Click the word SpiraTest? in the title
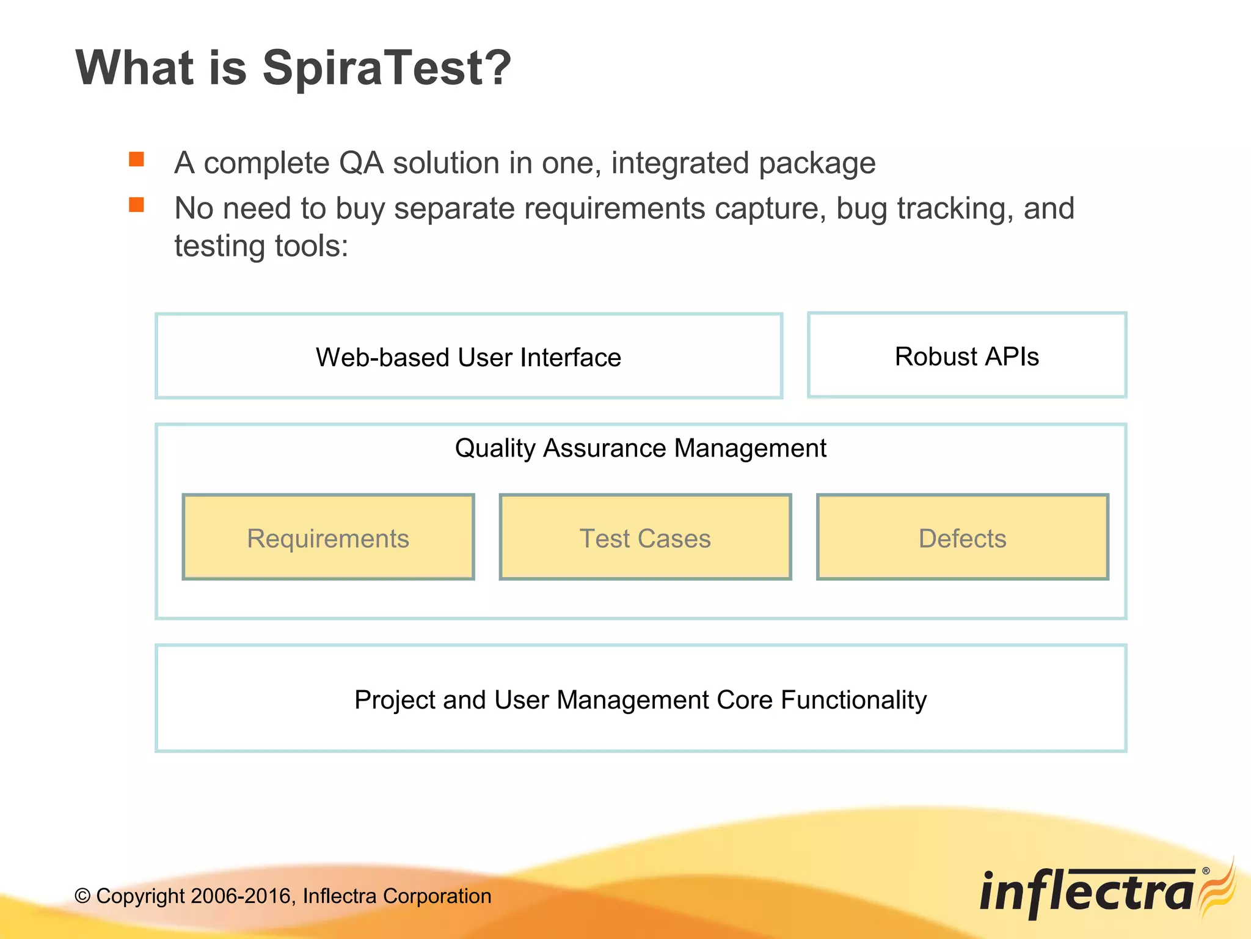coord(386,68)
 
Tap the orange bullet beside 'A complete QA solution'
coord(136,160)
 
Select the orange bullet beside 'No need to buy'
coord(136,205)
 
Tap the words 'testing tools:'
coord(261,246)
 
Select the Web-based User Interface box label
coord(469,358)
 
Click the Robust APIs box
coord(966,356)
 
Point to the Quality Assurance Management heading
coord(640,448)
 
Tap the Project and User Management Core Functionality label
coord(640,700)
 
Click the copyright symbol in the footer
coord(82,897)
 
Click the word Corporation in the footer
coord(437,896)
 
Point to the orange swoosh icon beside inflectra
coord(1218,889)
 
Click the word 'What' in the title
coord(134,68)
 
